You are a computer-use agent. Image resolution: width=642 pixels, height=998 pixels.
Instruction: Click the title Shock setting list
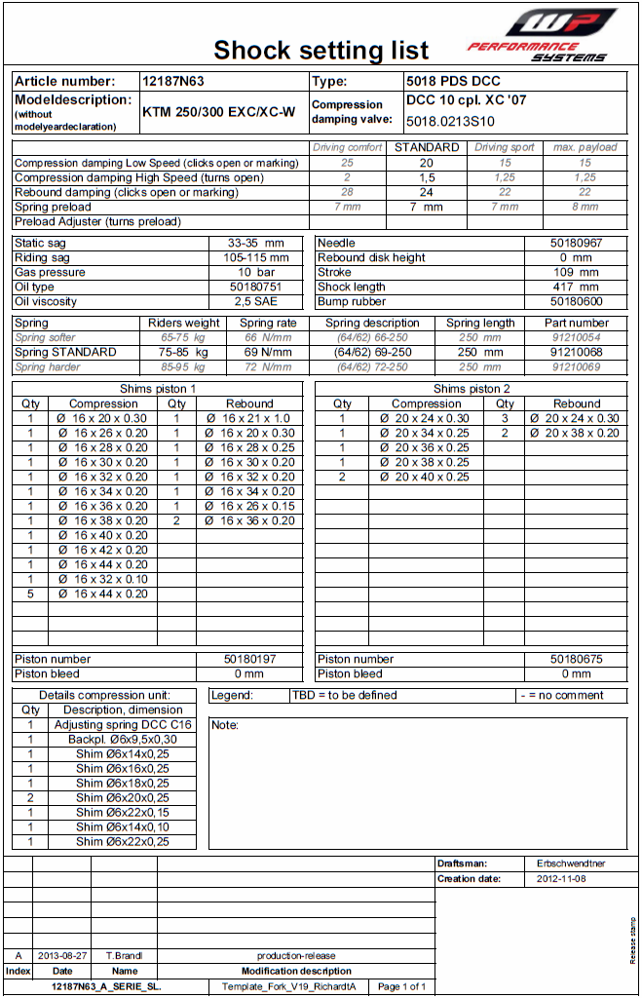pyautogui.click(x=321, y=50)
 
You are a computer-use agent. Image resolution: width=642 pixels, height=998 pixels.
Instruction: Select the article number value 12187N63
pyautogui.click(x=172, y=82)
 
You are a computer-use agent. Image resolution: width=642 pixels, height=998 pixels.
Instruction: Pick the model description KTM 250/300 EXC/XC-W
pyautogui.click(x=218, y=112)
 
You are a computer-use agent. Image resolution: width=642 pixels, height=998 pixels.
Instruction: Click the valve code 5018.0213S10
pyautogui.click(x=450, y=122)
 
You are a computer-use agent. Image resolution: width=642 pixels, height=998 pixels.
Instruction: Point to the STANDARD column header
pyautogui.click(x=426, y=147)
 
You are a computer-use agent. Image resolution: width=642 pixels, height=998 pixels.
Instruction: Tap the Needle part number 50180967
pyautogui.click(x=576, y=243)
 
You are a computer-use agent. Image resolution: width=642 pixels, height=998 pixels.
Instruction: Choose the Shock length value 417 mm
pyautogui.click(x=576, y=287)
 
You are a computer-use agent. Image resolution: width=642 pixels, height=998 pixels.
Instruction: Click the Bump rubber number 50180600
pyautogui.click(x=576, y=301)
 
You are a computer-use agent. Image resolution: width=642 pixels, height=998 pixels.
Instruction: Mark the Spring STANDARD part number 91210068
pyautogui.click(x=576, y=352)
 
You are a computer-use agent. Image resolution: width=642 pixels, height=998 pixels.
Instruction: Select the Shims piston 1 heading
pyautogui.click(x=158, y=389)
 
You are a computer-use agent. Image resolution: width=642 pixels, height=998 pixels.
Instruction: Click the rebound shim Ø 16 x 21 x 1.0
pyautogui.click(x=249, y=418)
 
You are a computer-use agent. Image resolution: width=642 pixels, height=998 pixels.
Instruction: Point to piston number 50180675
pyautogui.click(x=576, y=659)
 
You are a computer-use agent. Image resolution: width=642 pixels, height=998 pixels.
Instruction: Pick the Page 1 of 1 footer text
pyautogui.click(x=401, y=986)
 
